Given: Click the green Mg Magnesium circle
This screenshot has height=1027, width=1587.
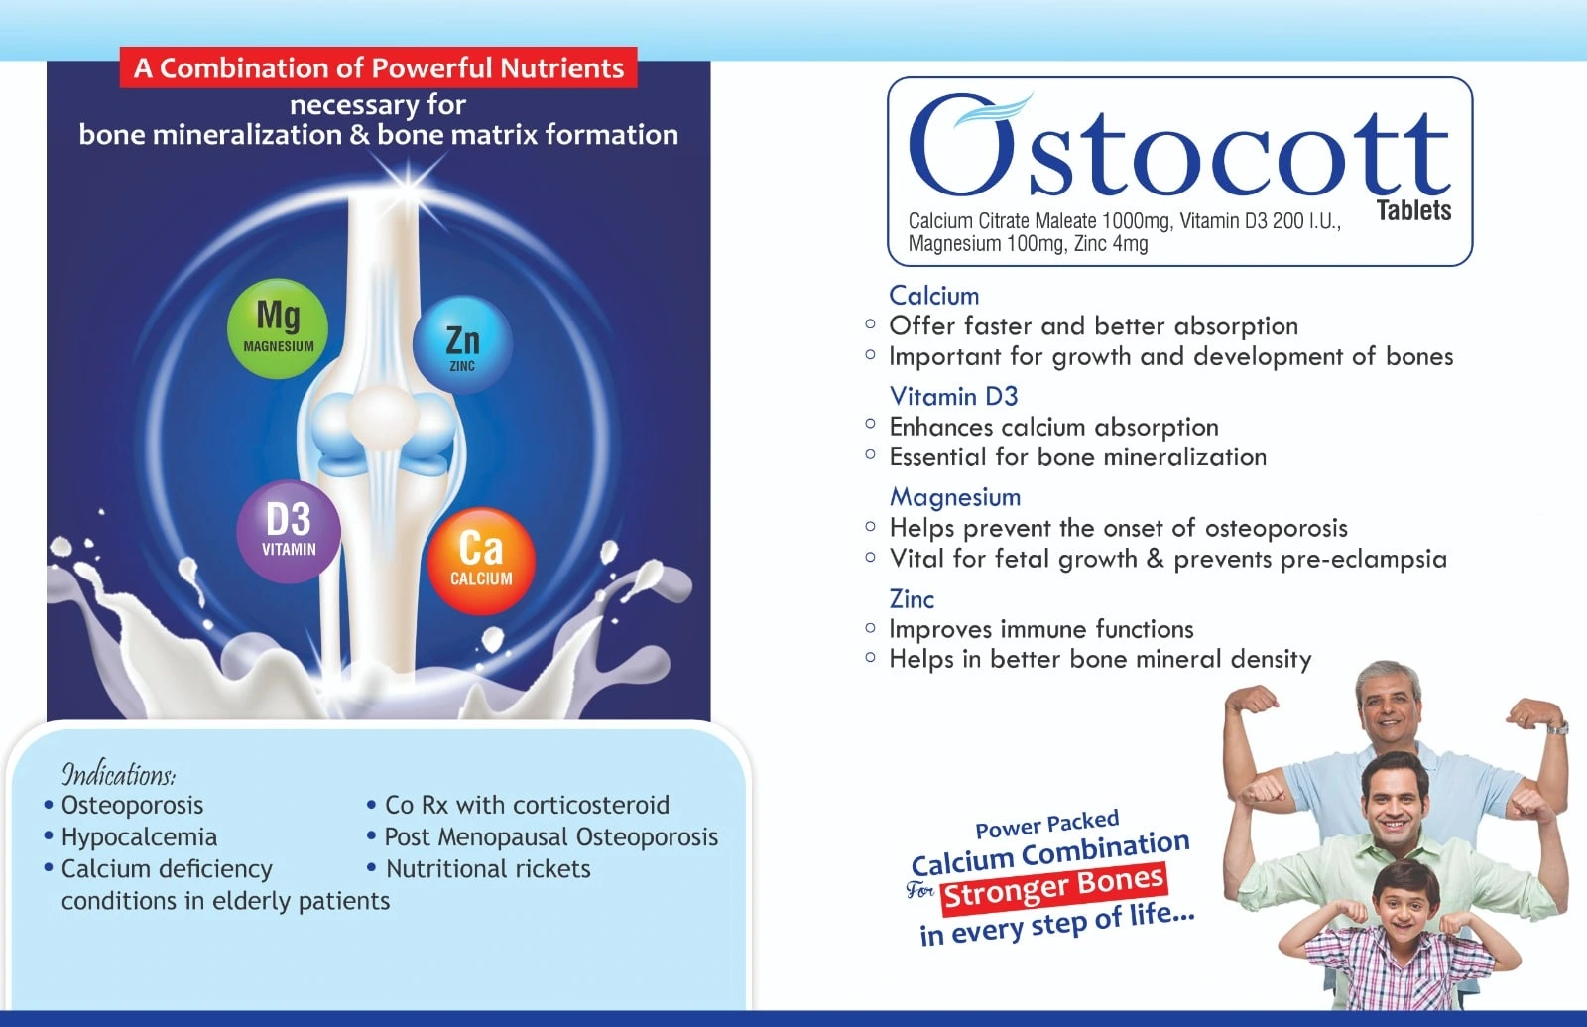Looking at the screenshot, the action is tap(278, 328).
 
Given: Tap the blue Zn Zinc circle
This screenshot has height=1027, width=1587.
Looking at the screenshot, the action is tap(462, 344).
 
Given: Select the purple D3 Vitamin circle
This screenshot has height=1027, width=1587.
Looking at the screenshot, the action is tap(289, 532).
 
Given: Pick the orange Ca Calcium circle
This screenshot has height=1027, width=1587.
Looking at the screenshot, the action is tap(481, 561).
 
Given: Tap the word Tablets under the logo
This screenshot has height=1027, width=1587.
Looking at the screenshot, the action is tap(1413, 210).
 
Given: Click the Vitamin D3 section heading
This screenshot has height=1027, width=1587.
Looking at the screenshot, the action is tap(953, 396).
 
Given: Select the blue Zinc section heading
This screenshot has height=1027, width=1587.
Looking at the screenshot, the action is tap(912, 599).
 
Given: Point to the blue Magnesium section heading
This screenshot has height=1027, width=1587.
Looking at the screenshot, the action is tap(955, 497).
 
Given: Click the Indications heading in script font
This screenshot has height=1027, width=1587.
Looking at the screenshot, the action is tap(119, 774).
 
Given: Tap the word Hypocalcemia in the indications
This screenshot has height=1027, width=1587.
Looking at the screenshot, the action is tap(139, 837).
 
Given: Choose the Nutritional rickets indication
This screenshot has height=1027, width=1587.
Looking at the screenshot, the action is tap(487, 869).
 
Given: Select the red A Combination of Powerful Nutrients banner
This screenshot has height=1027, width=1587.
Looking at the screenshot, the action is tap(378, 68).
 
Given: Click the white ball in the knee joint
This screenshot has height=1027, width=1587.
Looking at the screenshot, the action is tap(382, 419).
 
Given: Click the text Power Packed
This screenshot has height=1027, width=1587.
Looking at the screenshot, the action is tap(1047, 825).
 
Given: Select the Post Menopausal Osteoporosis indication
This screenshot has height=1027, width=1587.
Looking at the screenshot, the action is tap(551, 837).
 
